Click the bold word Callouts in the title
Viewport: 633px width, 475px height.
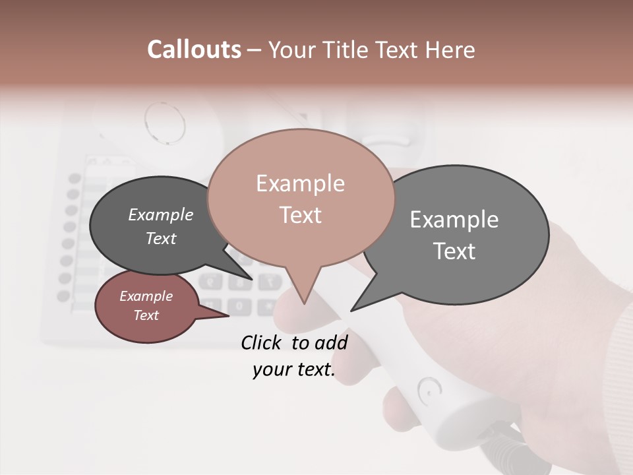[x=194, y=49]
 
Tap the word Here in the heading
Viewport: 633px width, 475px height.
[x=450, y=49]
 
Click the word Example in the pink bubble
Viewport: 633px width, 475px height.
[x=300, y=183]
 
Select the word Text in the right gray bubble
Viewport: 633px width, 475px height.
[x=454, y=251]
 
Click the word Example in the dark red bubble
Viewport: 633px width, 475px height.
[x=146, y=296]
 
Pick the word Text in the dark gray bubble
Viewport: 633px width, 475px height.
[x=160, y=238]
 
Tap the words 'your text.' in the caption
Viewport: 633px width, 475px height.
[x=293, y=369]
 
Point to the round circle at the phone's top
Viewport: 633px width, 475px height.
[x=164, y=122]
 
